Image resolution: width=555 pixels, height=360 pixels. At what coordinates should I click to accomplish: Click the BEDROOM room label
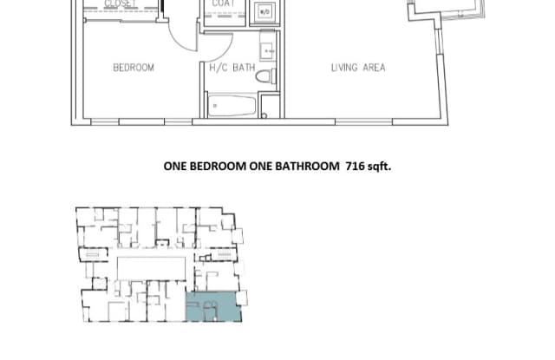[x=133, y=68]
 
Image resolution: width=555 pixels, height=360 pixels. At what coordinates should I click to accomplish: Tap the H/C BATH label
[x=231, y=68]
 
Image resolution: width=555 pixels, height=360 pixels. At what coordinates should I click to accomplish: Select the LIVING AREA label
[x=357, y=68]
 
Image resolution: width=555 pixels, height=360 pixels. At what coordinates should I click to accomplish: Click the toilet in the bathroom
[x=266, y=76]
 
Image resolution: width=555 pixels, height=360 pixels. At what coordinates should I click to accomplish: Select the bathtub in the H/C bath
[x=232, y=107]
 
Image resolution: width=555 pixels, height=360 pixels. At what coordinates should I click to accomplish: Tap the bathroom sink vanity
[x=269, y=48]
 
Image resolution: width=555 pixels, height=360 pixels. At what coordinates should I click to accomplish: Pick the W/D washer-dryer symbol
[x=265, y=13]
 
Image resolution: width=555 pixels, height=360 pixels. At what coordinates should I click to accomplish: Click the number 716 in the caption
[x=354, y=167]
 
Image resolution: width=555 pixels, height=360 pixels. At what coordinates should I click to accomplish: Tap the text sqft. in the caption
[x=379, y=167]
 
